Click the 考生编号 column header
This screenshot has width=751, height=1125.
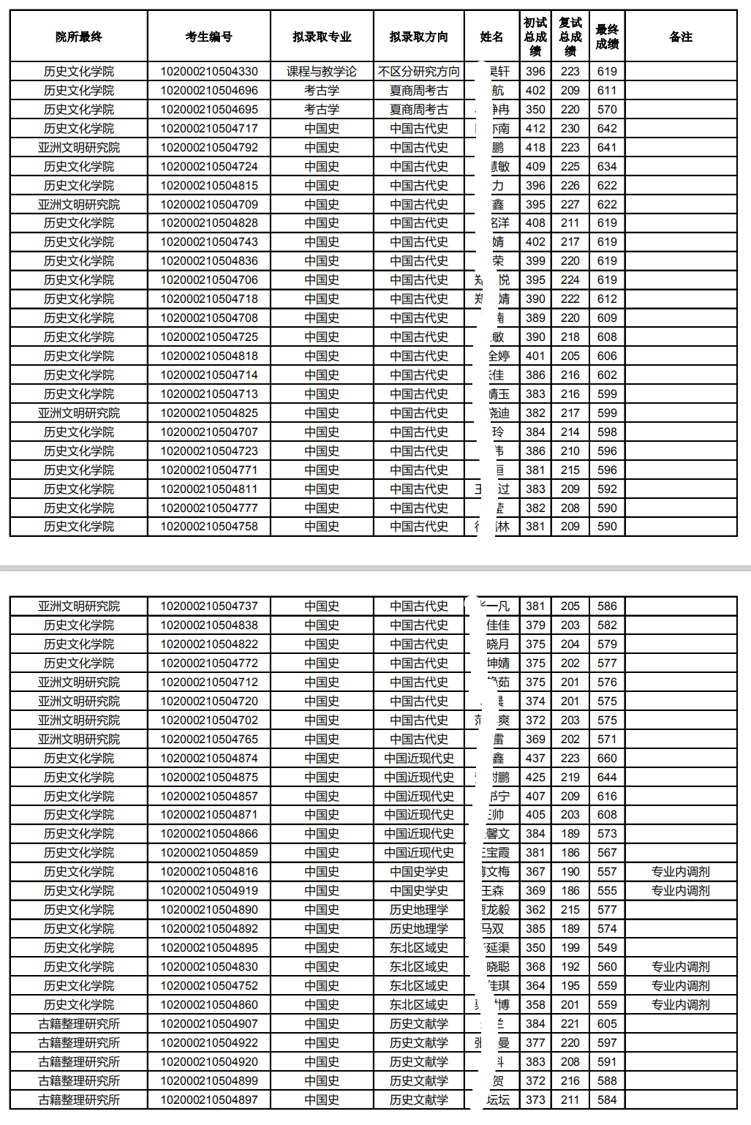coord(209,37)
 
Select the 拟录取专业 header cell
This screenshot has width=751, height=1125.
coord(322,37)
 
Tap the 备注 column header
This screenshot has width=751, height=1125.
coord(681,37)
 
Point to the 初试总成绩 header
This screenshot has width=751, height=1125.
coord(535,37)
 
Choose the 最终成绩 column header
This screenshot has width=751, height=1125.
coord(607,37)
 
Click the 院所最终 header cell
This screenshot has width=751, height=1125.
coord(79,37)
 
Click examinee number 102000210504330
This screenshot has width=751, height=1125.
coord(209,72)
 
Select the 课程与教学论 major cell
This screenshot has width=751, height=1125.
coord(322,72)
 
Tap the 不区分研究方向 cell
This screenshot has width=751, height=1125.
coord(419,72)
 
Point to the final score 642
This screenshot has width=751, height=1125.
coord(607,129)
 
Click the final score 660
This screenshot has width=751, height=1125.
coord(607,759)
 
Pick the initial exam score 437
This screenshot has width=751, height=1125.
coord(535,759)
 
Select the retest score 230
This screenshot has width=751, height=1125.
coord(570,129)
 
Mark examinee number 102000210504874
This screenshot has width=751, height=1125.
coord(209,759)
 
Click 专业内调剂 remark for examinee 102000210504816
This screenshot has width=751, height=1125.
coord(681,872)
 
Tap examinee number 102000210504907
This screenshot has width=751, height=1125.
coord(209,1024)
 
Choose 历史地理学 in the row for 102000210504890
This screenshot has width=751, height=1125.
coord(419,910)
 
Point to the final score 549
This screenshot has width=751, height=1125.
coord(607,948)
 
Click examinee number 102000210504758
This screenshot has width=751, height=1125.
coord(209,527)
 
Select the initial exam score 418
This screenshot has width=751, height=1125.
coord(535,148)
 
